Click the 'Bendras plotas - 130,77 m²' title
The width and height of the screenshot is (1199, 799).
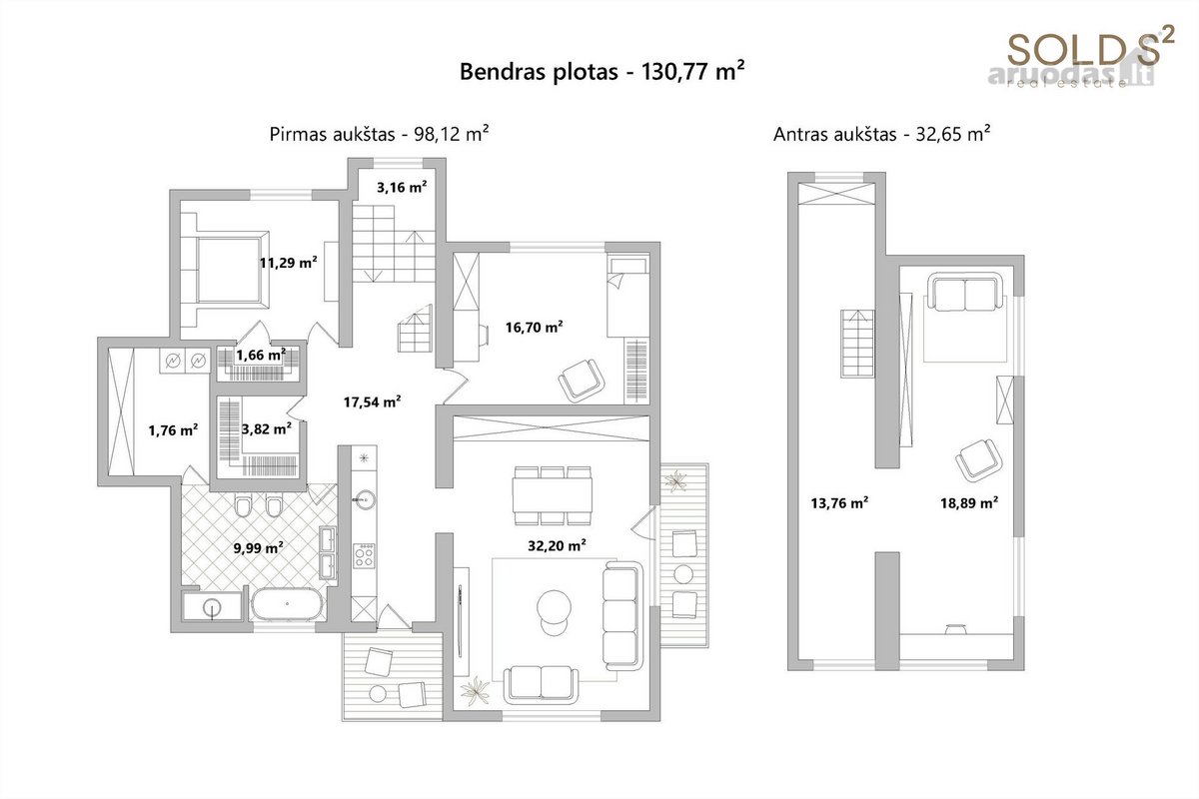(x=601, y=72)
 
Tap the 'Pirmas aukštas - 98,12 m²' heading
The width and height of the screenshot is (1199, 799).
(x=379, y=134)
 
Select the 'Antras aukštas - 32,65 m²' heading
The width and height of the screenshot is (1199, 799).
(x=881, y=134)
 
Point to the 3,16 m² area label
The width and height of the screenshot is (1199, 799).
(x=402, y=188)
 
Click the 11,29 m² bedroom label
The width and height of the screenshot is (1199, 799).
(x=288, y=263)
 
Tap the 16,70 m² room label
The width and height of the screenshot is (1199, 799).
(x=534, y=327)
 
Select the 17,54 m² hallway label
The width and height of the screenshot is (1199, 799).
(x=372, y=401)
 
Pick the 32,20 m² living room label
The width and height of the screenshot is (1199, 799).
(x=557, y=546)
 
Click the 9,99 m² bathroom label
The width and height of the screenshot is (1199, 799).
(x=259, y=548)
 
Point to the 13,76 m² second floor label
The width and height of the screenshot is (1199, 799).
(x=839, y=503)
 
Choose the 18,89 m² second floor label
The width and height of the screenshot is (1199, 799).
(x=969, y=503)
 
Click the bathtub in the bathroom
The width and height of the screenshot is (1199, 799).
(x=288, y=604)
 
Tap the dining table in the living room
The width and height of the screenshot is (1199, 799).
(x=553, y=495)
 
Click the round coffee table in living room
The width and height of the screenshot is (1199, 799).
(x=554, y=606)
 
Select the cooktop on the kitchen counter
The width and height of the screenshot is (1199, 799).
(x=364, y=556)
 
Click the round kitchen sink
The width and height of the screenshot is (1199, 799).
(x=364, y=499)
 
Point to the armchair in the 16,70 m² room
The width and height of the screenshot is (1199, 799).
(x=582, y=380)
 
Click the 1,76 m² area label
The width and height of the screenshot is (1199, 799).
(x=173, y=430)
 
